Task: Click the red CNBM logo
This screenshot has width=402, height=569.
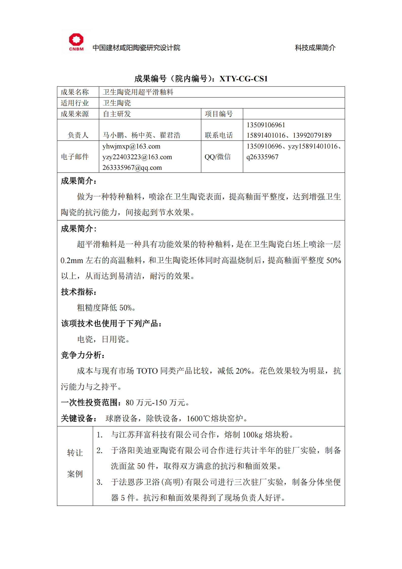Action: tap(76, 42)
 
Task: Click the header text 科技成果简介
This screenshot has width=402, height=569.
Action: tap(315, 48)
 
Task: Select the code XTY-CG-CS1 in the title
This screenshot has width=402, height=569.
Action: tap(243, 79)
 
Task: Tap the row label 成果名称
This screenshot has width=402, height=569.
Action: tap(75, 92)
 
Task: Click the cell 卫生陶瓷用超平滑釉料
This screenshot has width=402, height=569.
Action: tap(138, 92)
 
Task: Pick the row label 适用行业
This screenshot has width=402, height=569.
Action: tap(75, 103)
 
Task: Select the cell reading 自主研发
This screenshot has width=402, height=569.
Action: tap(117, 114)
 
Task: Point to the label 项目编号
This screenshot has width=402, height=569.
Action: tap(219, 114)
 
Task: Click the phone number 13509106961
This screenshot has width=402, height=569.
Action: tap(266, 125)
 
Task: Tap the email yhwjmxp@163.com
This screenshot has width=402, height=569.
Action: tap(131, 146)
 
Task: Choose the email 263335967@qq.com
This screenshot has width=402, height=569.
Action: tap(132, 168)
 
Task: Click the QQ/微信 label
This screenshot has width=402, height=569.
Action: tap(218, 157)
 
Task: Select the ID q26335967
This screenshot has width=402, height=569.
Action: tap(262, 157)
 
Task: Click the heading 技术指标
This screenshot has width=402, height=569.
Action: tap(79, 292)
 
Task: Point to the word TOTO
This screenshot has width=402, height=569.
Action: tap(147, 371)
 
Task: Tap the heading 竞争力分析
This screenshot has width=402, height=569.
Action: tap(83, 355)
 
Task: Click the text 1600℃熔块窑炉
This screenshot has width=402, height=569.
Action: tap(215, 418)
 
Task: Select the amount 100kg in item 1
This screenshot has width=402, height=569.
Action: tap(252, 435)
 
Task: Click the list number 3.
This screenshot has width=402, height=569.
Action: tap(99, 482)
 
